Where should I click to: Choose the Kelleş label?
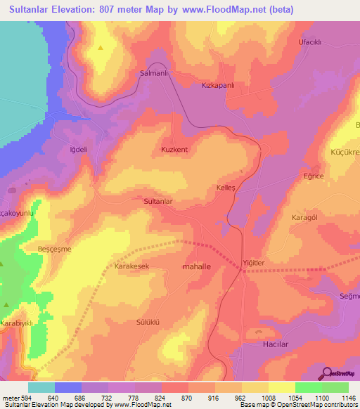(x=225, y=188)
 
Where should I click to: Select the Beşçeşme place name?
(x=54, y=249)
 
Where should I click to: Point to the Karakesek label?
(x=131, y=267)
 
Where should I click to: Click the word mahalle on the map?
(x=198, y=268)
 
